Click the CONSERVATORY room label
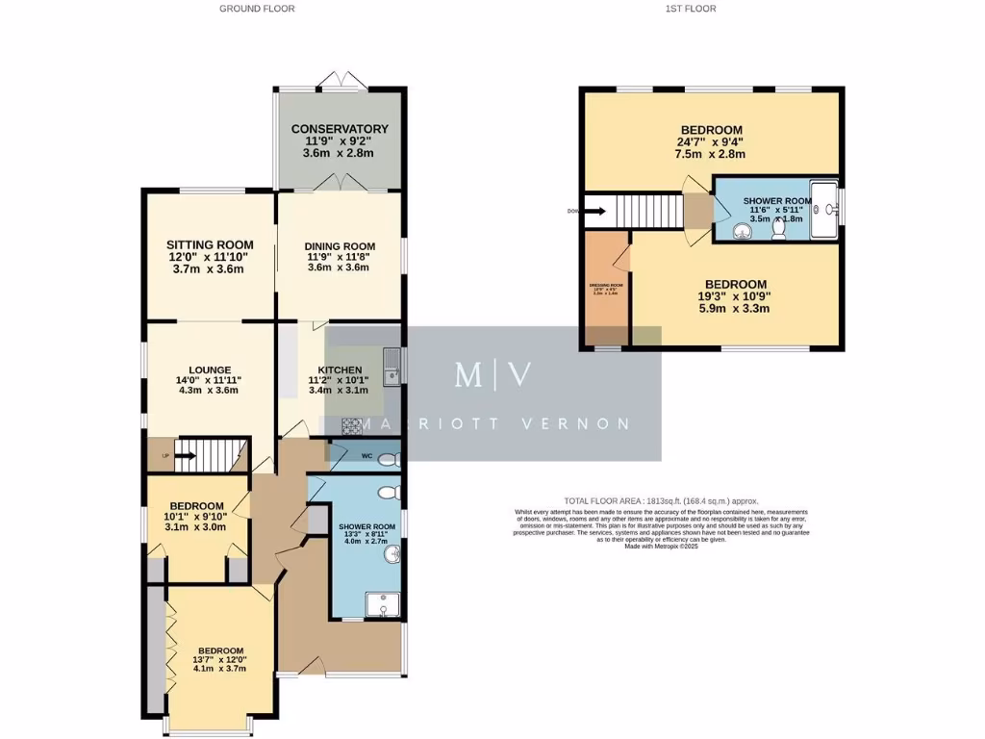click(x=340, y=129)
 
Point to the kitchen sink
click(x=391, y=363)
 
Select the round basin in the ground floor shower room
click(x=393, y=554)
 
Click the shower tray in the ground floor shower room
click(x=383, y=603)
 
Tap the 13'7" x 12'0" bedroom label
click(x=220, y=651)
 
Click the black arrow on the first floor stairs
click(x=594, y=210)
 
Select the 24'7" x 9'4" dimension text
click(x=711, y=144)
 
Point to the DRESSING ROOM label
click(x=606, y=286)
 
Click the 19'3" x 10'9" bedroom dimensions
click(x=735, y=297)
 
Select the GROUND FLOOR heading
click(x=257, y=9)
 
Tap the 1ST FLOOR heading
click(x=690, y=9)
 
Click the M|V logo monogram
click(x=492, y=375)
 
